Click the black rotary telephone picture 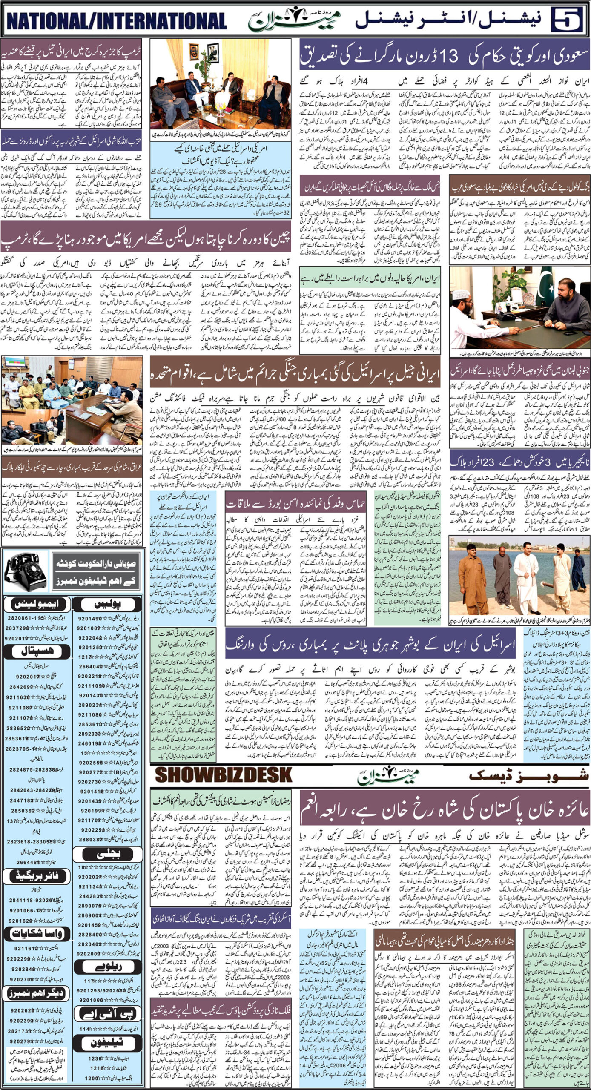pyautogui.click(x=26, y=571)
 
